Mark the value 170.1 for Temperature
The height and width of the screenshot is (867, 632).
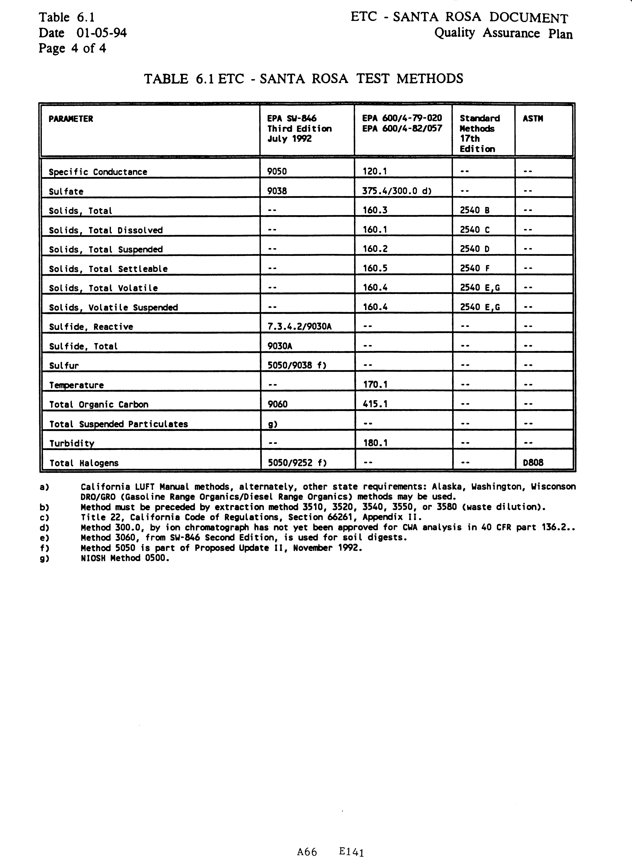tap(375, 385)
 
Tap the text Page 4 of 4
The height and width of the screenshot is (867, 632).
tap(72, 49)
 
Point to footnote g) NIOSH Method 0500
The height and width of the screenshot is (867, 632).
tap(125, 558)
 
